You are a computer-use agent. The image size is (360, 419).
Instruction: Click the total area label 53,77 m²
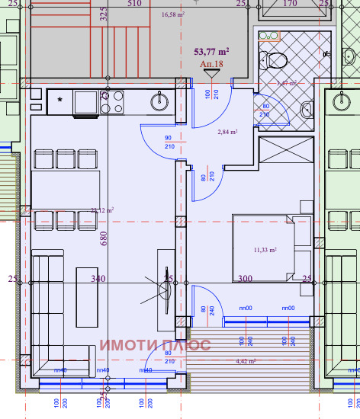click(211, 52)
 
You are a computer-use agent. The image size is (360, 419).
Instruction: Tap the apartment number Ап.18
click(211, 66)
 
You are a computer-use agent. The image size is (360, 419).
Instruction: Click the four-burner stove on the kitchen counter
click(113, 101)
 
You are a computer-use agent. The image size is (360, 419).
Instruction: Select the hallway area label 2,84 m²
click(227, 132)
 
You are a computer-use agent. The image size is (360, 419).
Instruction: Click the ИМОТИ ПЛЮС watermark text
click(154, 344)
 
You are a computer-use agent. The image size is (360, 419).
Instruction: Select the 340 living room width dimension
click(98, 279)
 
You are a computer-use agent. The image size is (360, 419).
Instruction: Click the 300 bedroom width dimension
click(244, 279)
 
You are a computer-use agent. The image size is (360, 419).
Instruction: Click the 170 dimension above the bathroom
click(289, 4)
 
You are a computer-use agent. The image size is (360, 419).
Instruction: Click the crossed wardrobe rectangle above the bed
click(286, 149)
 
